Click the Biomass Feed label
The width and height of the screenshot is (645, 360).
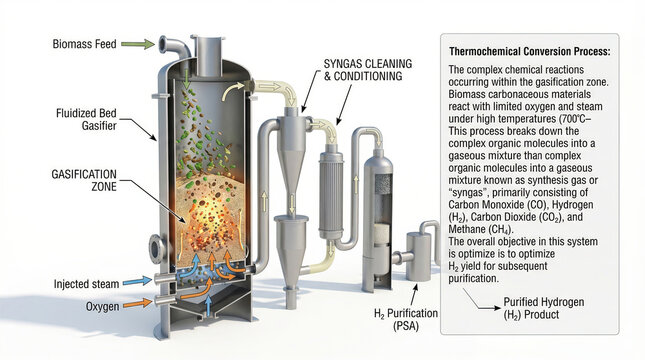pos(89,43)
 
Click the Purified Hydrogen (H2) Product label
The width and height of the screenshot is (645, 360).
pos(545,307)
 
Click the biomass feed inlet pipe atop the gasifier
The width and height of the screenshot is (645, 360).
pos(177,47)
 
